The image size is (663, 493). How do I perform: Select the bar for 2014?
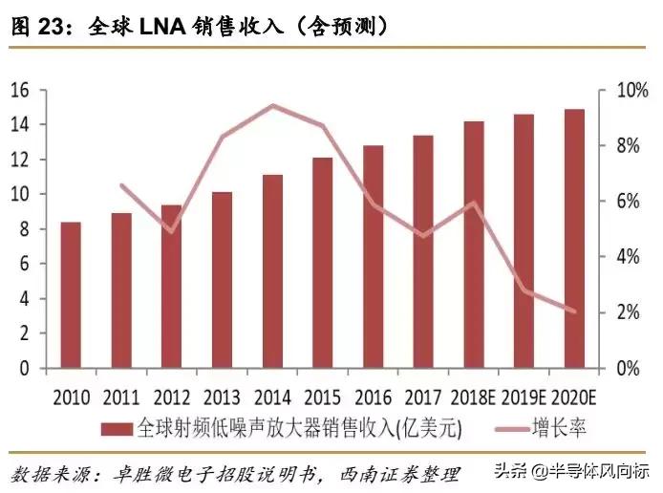click(x=272, y=271)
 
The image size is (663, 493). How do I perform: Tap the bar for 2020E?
click(x=574, y=239)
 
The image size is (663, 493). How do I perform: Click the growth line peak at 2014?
click(x=273, y=106)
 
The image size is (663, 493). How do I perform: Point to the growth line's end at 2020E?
click(x=574, y=311)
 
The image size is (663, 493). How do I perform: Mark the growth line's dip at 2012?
click(x=171, y=231)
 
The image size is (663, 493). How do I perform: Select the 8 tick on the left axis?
click(x=27, y=229)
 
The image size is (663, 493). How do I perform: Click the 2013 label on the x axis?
click(x=222, y=396)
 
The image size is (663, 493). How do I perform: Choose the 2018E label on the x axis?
click(x=474, y=396)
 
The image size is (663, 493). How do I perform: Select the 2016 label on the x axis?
click(x=373, y=396)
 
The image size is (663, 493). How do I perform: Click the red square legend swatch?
click(x=119, y=427)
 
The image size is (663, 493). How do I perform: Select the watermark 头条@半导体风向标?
click(x=578, y=471)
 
